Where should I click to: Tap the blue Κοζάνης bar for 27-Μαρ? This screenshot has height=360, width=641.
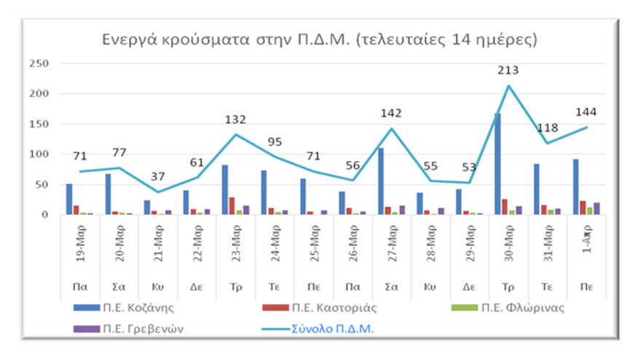point(380,181)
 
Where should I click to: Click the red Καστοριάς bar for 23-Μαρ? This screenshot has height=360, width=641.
point(232,206)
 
